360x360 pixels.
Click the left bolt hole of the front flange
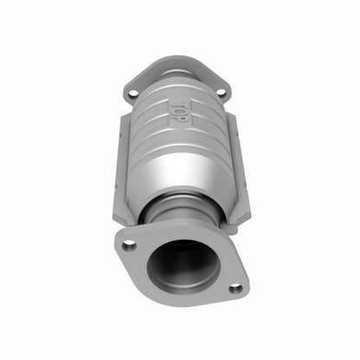[x=129, y=246]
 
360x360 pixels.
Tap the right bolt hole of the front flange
[x=235, y=289]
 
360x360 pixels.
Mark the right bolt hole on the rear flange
[x=220, y=91]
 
